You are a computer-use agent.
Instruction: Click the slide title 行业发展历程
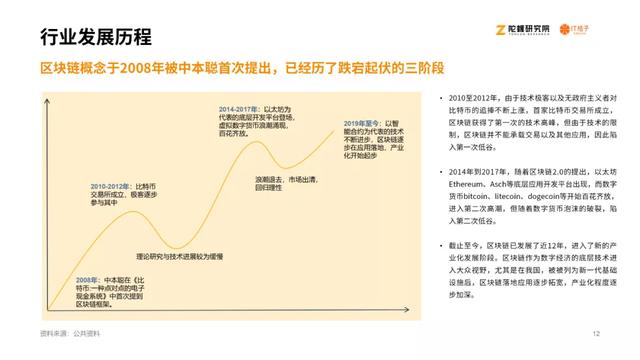click(x=96, y=38)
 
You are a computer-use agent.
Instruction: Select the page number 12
click(x=596, y=333)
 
